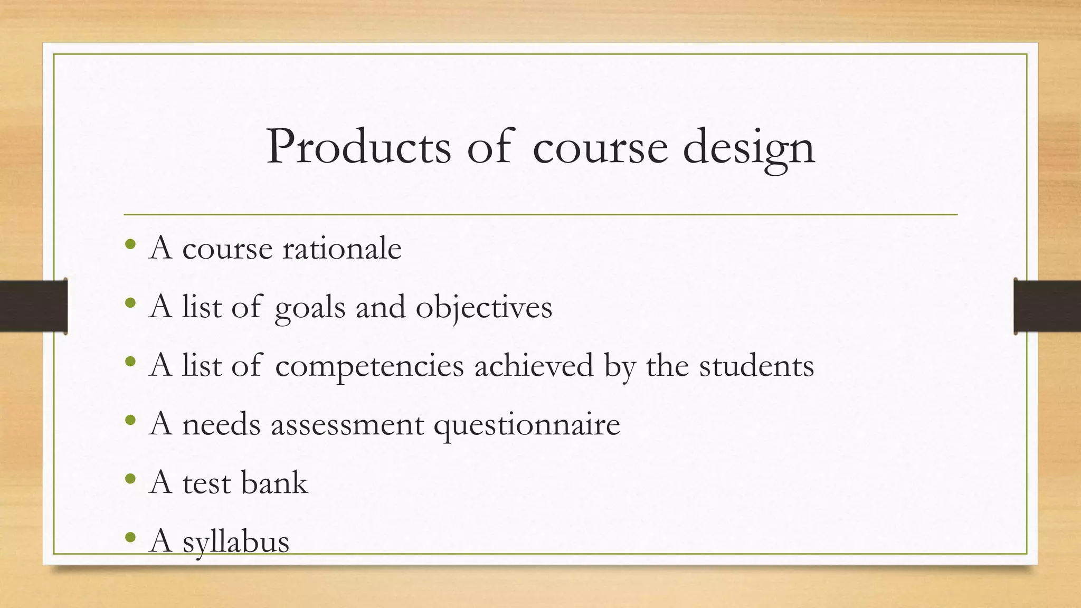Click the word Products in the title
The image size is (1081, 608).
359,147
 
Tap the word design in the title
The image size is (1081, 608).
749,148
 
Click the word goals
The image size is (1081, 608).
310,308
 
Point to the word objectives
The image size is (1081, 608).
484,308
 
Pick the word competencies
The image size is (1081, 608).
369,366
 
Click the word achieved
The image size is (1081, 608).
534,365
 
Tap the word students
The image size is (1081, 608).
756,365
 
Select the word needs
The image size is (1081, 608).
221,424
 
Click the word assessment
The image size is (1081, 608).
347,424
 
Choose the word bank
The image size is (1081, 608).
274,482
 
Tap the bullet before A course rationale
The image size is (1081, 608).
130,245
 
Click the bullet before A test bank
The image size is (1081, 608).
130,479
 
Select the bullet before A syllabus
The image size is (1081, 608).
130,538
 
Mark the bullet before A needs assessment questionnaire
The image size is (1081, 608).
130,421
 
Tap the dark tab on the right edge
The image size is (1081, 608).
1047,306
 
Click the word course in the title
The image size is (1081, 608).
600,148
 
